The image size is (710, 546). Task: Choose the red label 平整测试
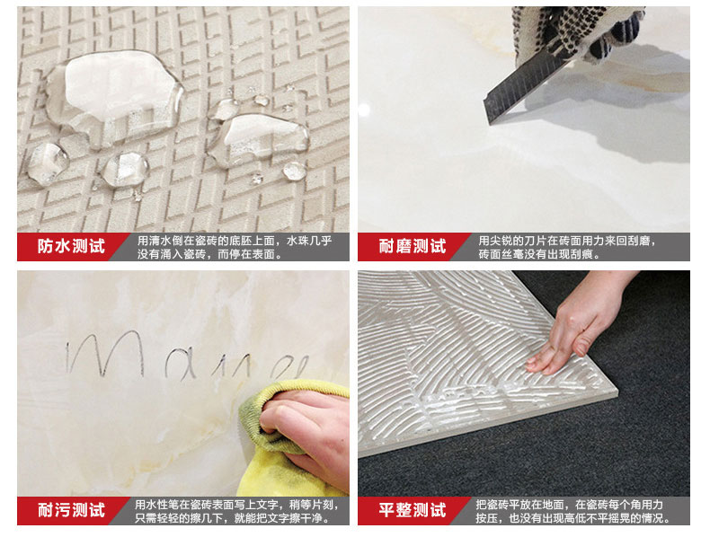point(413,510)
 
